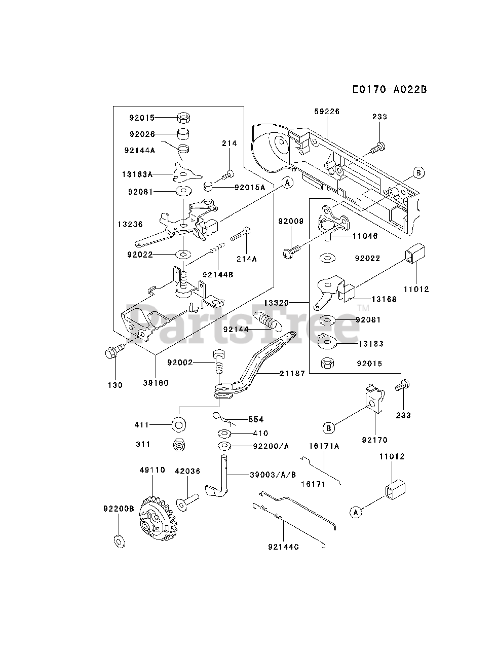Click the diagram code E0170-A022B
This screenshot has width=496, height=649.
390,89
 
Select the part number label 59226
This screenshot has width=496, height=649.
327,112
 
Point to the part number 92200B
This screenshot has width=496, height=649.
119,509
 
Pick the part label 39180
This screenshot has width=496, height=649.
156,383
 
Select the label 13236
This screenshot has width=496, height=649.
130,224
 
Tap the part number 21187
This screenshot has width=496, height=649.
292,374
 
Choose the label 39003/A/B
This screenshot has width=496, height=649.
273,475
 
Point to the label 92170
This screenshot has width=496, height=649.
374,440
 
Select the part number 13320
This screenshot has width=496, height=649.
276,303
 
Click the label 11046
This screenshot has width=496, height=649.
365,236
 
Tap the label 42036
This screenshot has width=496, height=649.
187,471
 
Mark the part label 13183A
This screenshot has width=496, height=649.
137,174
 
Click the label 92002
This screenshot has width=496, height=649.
180,362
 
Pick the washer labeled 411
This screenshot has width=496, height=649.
179,425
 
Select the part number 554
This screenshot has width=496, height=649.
256,419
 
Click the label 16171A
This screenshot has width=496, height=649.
324,446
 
